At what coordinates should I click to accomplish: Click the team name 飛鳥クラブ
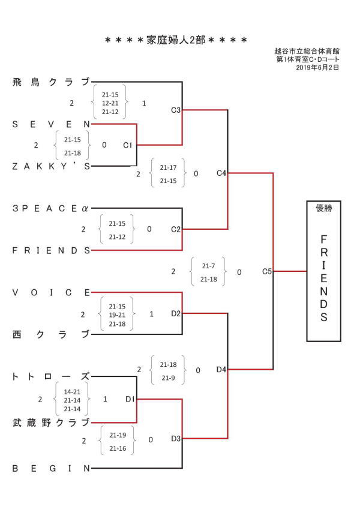click(51, 82)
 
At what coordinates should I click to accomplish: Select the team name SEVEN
click(51, 124)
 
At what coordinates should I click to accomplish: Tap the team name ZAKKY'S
click(51, 166)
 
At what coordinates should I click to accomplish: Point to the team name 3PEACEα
click(50, 208)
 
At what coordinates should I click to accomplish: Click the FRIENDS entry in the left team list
click(51, 250)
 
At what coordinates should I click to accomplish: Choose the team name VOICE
click(51, 292)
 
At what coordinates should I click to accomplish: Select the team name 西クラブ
click(51, 334)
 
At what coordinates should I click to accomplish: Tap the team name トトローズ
click(51, 376)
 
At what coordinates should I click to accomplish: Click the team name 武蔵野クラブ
click(51, 423)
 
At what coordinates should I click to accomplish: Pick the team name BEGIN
click(51, 468)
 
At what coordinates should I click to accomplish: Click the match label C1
click(128, 145)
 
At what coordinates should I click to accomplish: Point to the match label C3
click(176, 110)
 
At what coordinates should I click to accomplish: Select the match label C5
click(266, 271)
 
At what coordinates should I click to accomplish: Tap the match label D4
click(221, 369)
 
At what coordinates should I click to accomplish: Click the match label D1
click(130, 399)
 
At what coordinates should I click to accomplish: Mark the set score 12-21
click(110, 103)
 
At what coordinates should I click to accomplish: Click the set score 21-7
click(208, 266)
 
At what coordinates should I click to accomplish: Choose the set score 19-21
click(117, 315)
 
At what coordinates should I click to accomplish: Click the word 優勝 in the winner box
click(323, 208)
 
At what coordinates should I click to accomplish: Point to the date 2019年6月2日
click(317, 67)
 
